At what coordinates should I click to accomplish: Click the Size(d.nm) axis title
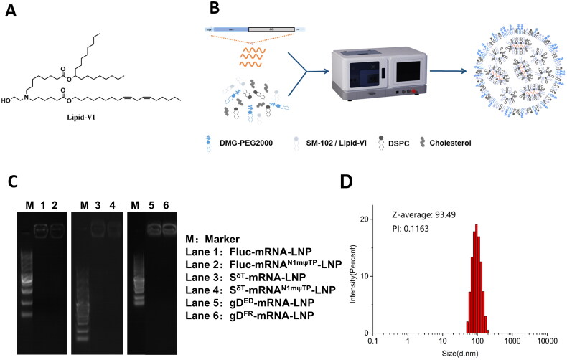click(x=460, y=354)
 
